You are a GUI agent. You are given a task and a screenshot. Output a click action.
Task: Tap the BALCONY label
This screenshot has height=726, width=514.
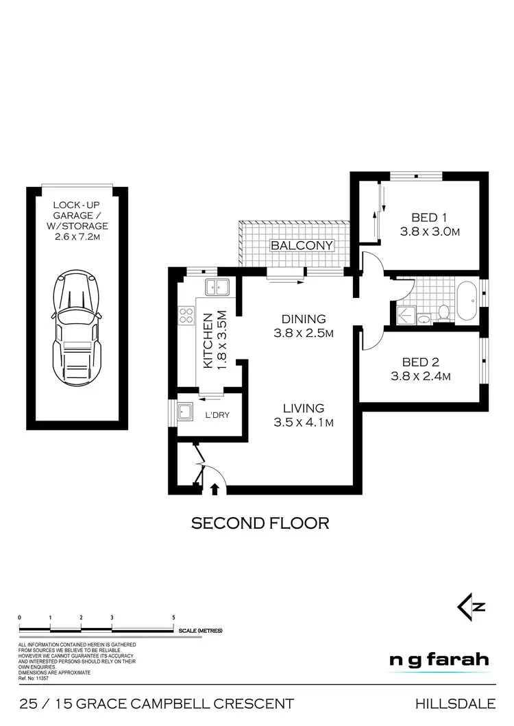click(302, 245)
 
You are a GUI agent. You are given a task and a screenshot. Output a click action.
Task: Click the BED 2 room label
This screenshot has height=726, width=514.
click(425, 362)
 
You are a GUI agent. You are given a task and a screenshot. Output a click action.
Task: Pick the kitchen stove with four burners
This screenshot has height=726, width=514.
click(186, 315)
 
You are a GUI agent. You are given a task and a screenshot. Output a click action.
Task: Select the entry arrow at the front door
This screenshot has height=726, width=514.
click(215, 488)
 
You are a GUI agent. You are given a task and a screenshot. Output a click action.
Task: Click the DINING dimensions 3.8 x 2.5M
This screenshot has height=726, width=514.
click(299, 334)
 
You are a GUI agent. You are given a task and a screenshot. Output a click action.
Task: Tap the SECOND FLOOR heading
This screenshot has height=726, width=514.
click(260, 523)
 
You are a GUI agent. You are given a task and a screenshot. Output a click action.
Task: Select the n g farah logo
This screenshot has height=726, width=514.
click(439, 660)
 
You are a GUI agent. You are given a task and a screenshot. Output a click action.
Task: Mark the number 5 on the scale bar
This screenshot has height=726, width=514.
click(173, 617)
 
